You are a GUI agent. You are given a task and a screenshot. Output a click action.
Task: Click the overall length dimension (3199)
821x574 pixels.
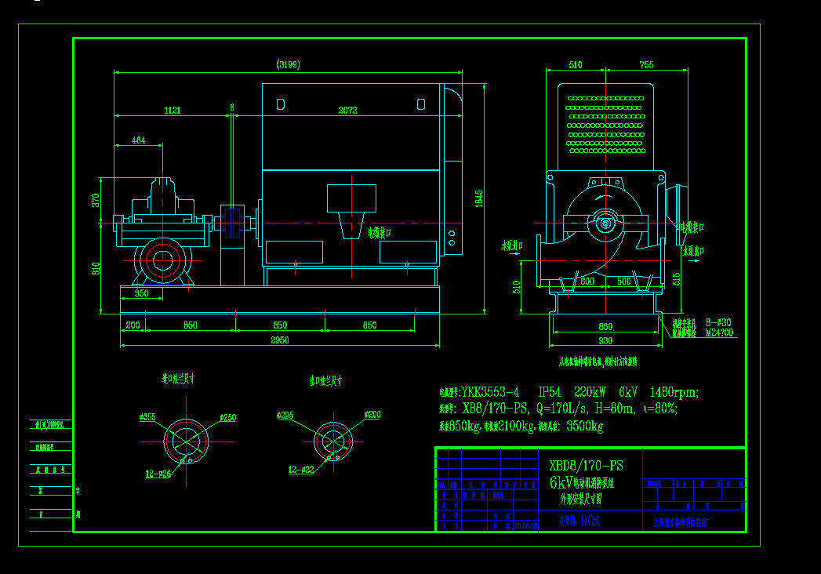point(288,65)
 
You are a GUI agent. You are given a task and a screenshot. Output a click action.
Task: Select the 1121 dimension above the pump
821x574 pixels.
point(173,111)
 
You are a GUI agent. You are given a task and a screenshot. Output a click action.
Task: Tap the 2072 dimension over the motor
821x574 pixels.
point(347,111)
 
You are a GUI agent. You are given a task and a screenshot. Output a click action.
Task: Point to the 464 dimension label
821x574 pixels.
point(138,140)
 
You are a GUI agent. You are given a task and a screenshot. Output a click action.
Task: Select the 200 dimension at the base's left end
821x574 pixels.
point(133,324)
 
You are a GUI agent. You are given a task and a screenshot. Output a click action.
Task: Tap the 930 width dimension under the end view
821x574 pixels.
point(605,340)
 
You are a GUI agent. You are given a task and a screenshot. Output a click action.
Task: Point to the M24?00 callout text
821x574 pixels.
point(720,332)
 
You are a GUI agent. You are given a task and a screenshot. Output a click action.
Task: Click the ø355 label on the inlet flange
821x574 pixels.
point(147,416)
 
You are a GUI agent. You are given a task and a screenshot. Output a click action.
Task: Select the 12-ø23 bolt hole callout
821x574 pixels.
point(302,470)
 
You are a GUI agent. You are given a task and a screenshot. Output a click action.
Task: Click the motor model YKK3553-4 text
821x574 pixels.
point(490,391)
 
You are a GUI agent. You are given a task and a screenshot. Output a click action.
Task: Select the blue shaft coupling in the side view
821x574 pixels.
point(232,222)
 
